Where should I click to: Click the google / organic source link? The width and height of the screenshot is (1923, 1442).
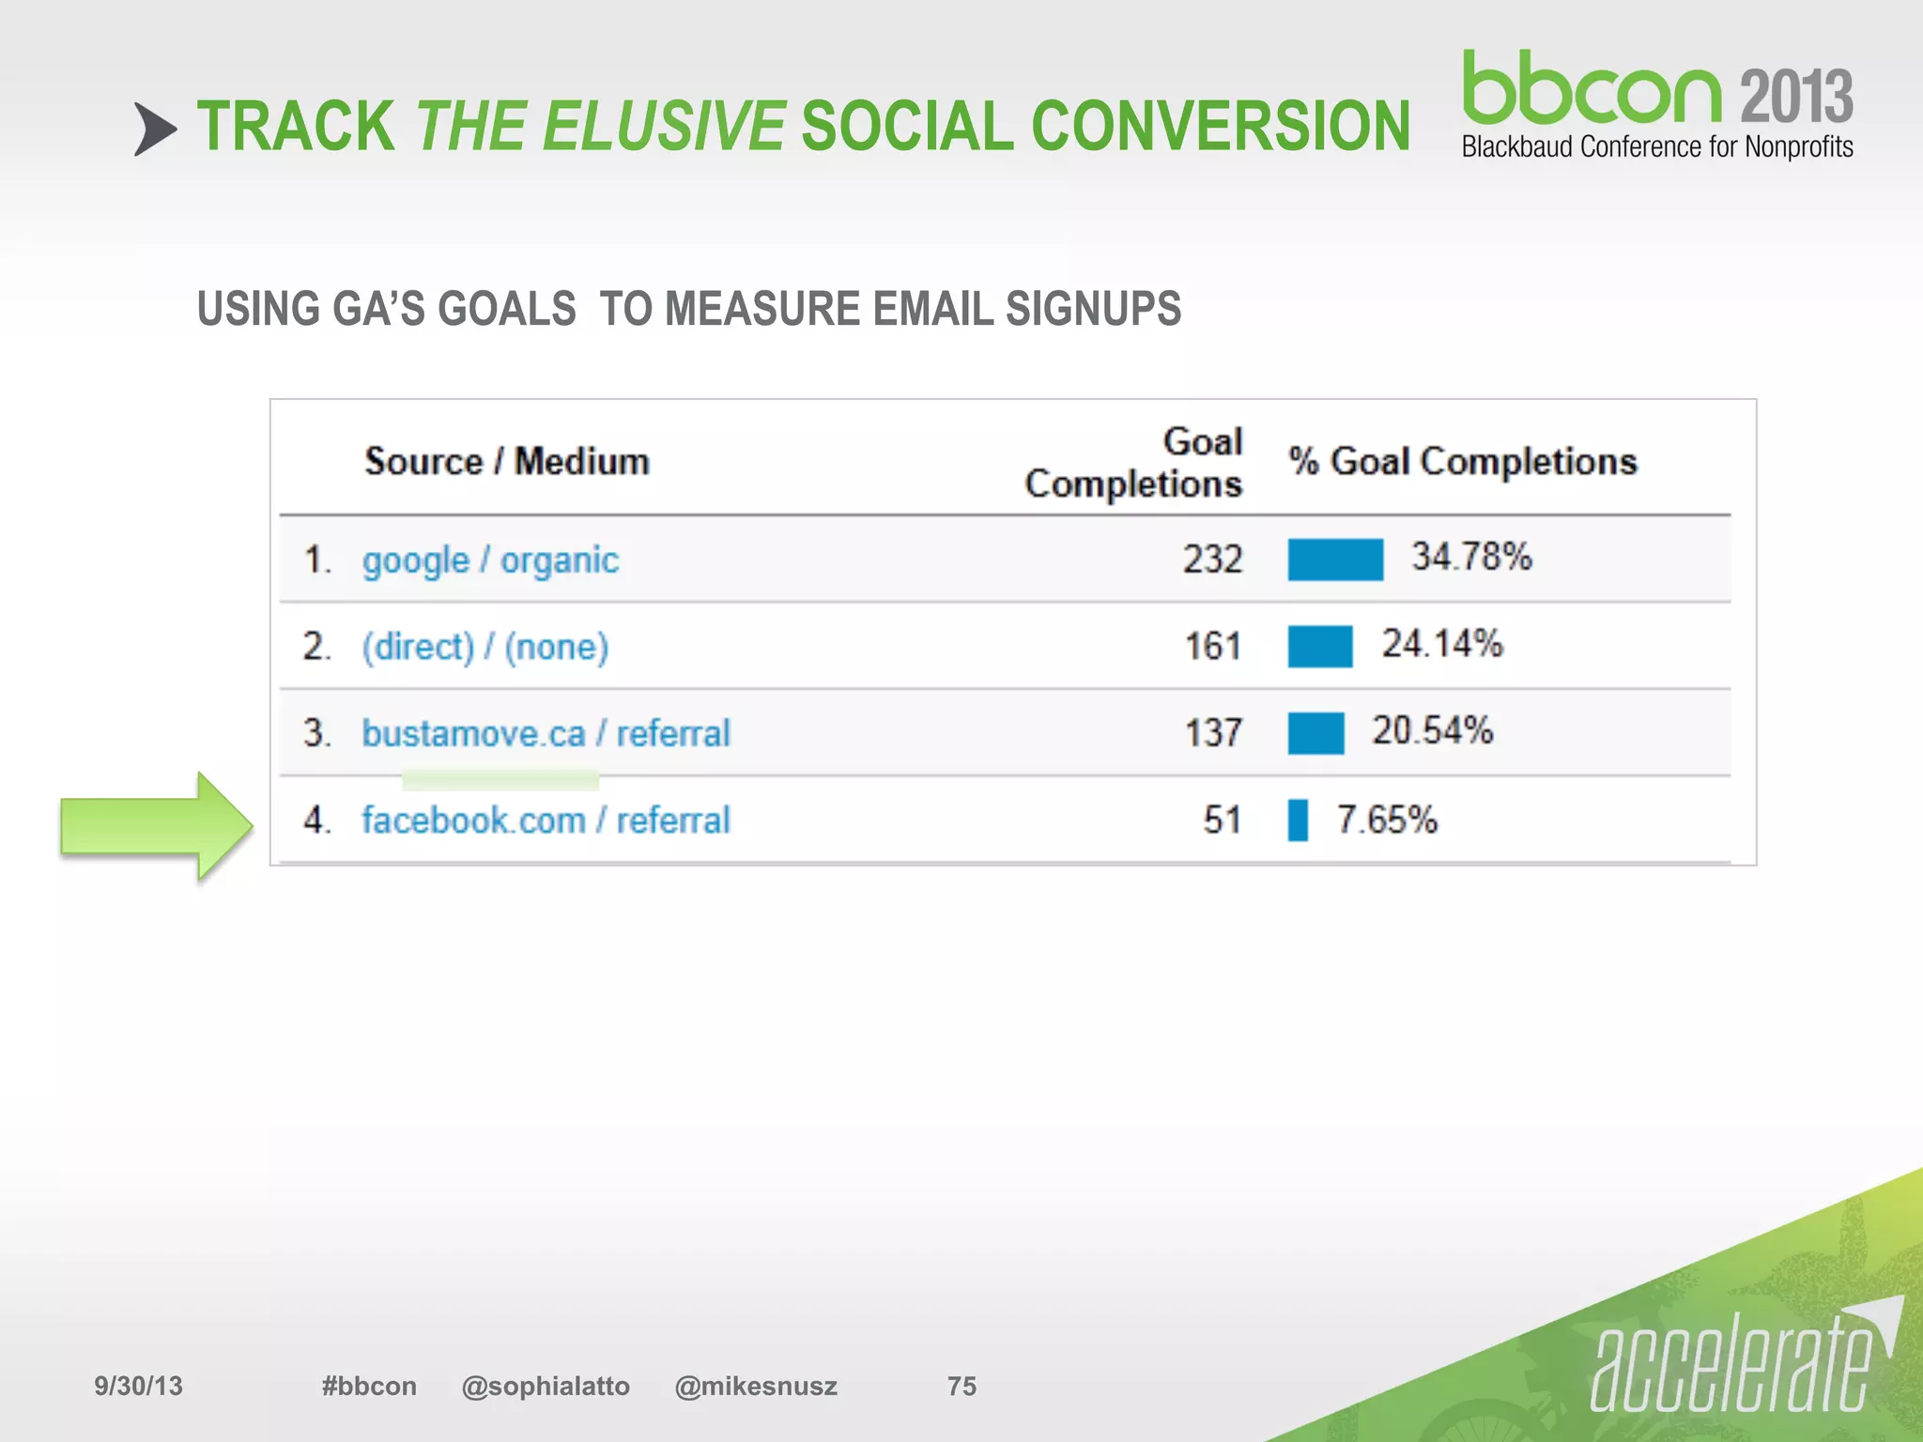pos(490,560)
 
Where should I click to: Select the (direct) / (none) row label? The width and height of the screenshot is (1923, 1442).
pos(485,647)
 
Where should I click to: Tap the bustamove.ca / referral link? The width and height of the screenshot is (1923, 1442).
pos(546,733)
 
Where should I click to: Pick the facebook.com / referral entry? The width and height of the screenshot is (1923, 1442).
pos(546,821)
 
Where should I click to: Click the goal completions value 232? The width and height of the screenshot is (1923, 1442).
pos(1212,560)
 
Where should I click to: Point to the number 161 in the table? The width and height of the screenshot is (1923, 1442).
pos(1212,647)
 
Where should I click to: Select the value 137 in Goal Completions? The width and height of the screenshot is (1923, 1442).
pos(1212,733)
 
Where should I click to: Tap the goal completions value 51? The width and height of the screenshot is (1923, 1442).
pos(1222,821)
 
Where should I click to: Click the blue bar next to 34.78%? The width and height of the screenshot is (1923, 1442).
pos(1334,560)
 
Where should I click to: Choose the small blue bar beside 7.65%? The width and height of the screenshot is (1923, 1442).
pos(1298,821)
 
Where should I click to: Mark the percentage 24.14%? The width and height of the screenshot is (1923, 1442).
pos(1441,644)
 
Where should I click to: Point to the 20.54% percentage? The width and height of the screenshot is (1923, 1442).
pos(1432,730)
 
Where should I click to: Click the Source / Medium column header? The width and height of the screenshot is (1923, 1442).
pos(507,462)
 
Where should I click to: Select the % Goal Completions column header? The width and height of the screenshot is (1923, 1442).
pos(1462,462)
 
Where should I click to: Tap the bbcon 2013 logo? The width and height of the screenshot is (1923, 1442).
pos(1656,103)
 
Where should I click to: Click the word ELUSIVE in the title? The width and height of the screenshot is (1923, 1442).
pos(664,127)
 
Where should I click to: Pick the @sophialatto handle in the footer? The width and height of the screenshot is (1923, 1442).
pos(546,1386)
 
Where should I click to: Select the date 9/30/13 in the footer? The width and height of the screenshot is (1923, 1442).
pos(138,1386)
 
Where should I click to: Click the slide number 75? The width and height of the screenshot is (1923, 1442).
pos(961,1386)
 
